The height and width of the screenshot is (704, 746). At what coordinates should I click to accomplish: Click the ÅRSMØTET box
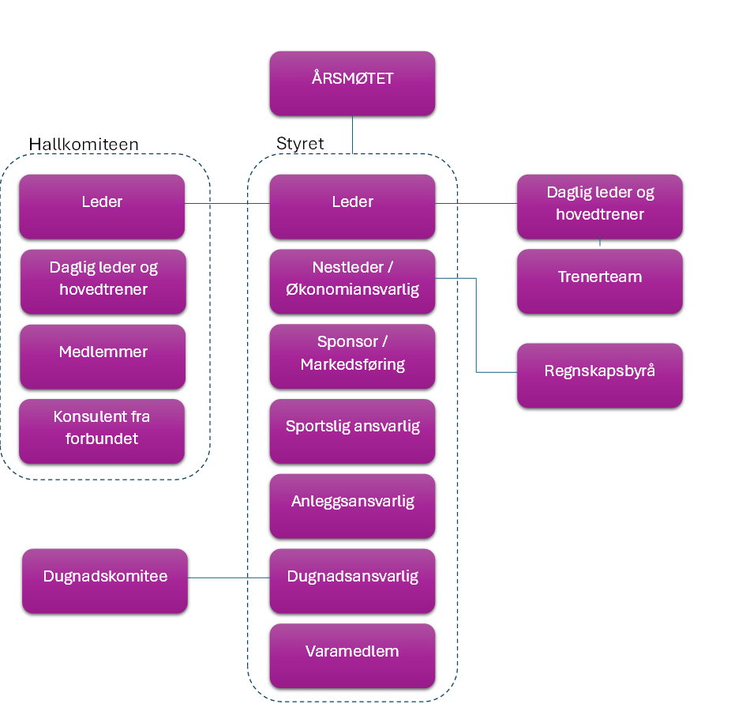click(x=352, y=83)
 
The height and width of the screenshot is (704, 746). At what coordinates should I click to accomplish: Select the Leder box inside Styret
click(x=352, y=207)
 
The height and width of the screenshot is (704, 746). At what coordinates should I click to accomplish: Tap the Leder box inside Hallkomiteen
click(x=102, y=207)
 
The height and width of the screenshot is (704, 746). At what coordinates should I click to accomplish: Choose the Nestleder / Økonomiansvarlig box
click(x=352, y=281)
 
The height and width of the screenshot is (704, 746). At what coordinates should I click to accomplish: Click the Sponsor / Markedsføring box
click(x=352, y=356)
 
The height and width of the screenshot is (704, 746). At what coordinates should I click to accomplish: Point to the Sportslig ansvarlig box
click(x=352, y=431)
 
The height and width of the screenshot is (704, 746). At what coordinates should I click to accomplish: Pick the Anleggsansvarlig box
click(x=352, y=506)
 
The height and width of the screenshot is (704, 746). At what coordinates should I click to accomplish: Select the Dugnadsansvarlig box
click(x=352, y=581)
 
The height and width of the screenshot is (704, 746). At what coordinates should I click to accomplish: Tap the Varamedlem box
click(x=352, y=656)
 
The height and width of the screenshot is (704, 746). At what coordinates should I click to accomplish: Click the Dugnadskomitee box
click(x=105, y=581)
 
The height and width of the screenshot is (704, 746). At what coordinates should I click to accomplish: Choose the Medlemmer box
click(x=103, y=357)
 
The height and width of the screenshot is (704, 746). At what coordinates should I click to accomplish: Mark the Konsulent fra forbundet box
click(x=102, y=431)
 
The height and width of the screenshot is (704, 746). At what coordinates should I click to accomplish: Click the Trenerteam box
click(x=600, y=281)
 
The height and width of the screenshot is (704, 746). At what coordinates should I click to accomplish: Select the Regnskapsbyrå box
click(x=600, y=375)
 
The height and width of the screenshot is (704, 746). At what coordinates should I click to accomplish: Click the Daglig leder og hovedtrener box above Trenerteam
click(x=600, y=207)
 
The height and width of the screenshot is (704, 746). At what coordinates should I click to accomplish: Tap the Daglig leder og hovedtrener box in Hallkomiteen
click(x=103, y=281)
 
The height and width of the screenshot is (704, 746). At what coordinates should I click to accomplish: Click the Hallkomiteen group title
click(x=84, y=144)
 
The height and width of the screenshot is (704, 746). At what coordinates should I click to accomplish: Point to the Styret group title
click(x=300, y=143)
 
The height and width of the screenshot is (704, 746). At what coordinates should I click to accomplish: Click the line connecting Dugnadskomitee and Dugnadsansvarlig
click(x=229, y=578)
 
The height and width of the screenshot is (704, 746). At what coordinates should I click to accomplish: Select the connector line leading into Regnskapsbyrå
click(x=476, y=326)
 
